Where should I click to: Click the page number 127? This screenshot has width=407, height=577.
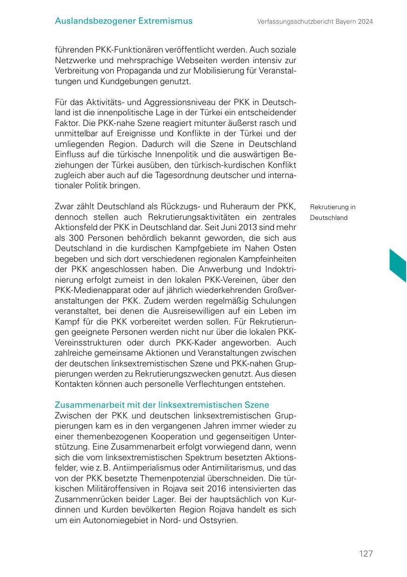tap(366, 553)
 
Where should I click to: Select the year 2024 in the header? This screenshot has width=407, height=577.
tap(366, 21)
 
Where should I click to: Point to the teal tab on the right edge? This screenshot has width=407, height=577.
tap(398, 265)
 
